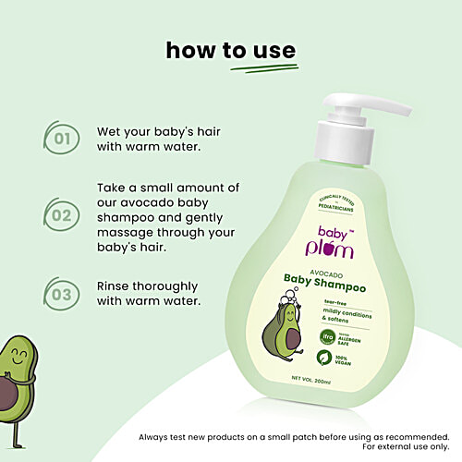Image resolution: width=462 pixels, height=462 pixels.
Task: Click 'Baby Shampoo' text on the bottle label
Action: point(327,287)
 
